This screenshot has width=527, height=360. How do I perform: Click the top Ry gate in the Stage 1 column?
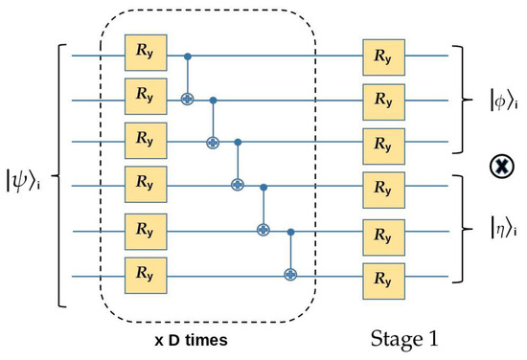(381, 55)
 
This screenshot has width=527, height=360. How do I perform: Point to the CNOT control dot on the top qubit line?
(187, 56)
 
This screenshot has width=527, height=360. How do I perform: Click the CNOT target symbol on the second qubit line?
(187, 99)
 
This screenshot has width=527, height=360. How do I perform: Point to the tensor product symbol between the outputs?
(498, 165)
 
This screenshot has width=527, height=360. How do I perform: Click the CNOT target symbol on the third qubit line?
(213, 142)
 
